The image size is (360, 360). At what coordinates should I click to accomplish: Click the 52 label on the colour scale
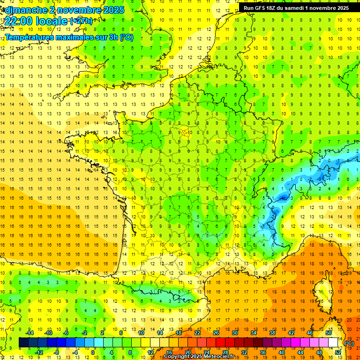[x=337, y=352]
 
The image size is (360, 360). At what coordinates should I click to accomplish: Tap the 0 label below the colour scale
[x=92, y=352]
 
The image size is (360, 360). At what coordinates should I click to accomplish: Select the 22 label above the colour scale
[x=197, y=333]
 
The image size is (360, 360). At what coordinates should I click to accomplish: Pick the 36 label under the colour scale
[x=263, y=352]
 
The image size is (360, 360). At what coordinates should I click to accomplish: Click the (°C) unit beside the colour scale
[x=349, y=343]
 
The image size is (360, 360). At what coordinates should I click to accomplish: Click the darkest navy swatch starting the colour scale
[x=24, y=343]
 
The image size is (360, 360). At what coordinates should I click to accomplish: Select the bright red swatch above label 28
[x=225, y=343]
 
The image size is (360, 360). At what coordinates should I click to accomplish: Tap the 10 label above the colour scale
[x=141, y=333]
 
